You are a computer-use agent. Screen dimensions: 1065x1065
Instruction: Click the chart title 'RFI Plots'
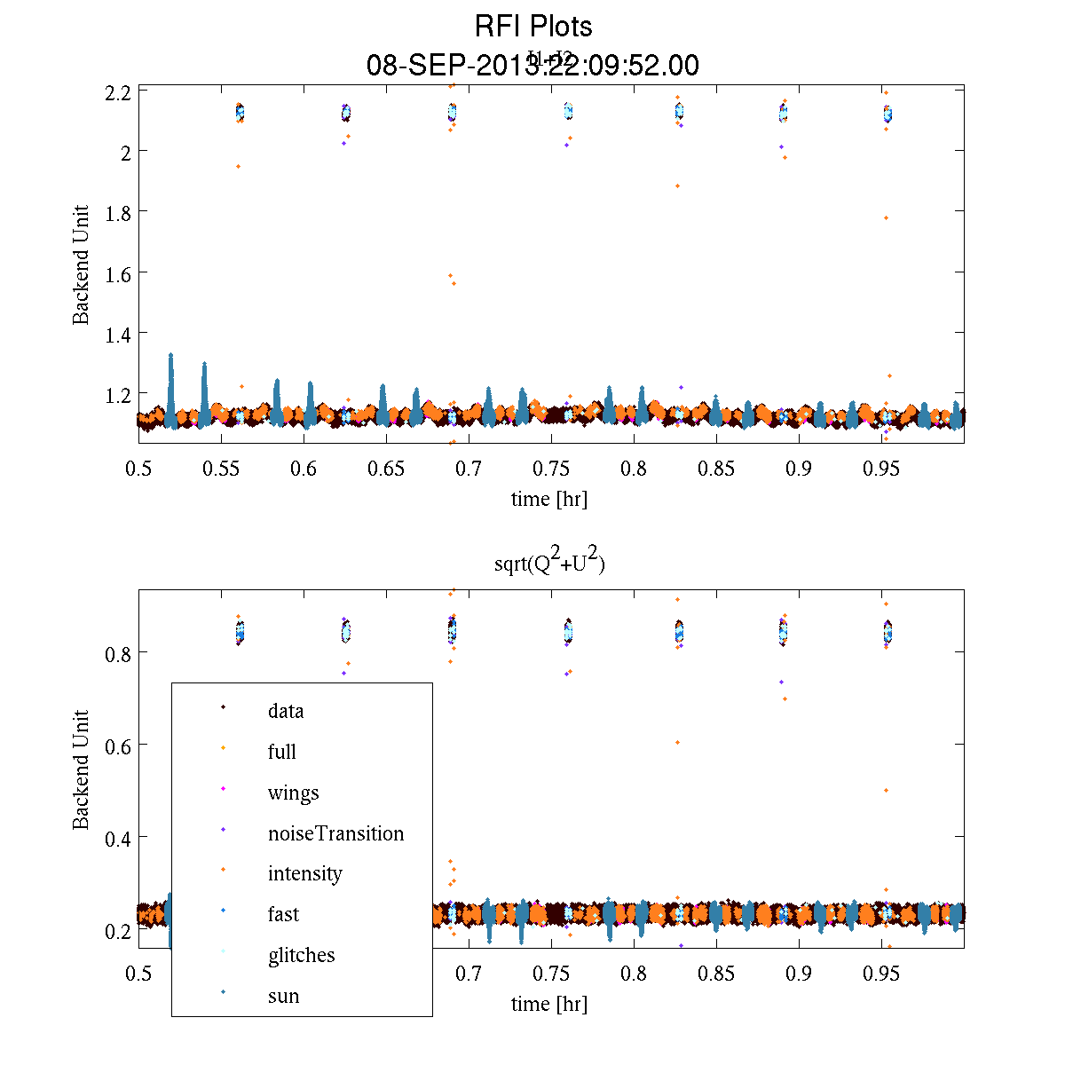click(532, 26)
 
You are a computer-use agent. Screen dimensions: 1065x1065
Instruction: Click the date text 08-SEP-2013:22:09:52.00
click(532, 66)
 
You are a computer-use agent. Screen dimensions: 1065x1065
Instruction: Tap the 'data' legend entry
click(286, 711)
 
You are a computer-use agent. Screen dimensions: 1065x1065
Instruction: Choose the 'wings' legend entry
click(293, 793)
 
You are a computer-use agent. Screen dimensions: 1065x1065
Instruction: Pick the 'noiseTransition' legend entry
click(335, 833)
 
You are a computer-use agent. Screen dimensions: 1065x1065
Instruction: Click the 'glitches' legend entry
click(301, 955)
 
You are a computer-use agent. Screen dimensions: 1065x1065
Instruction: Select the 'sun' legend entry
click(283, 996)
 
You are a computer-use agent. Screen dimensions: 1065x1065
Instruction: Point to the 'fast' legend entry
click(283, 914)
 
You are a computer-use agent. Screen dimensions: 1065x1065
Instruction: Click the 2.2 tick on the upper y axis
click(119, 91)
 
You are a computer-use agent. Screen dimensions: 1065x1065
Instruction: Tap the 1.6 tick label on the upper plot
click(119, 273)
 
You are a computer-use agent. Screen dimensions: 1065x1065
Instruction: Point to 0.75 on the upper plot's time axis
click(551, 469)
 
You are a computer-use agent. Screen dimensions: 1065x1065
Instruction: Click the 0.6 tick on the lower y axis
click(119, 745)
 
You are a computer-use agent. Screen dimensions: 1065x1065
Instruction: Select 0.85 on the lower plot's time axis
click(716, 974)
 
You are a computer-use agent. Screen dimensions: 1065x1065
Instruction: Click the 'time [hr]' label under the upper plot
click(549, 499)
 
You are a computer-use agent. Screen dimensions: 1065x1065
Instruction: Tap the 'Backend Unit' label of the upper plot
click(82, 264)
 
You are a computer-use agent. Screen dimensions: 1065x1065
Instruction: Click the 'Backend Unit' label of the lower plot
click(82, 769)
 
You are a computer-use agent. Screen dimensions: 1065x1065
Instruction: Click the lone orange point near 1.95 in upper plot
click(238, 166)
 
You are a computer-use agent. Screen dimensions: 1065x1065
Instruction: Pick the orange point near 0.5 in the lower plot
click(886, 790)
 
